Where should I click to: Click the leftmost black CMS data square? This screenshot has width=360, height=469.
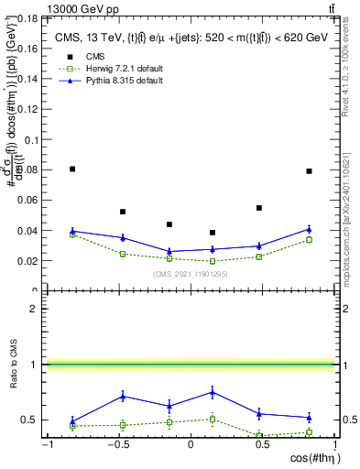point(72,169)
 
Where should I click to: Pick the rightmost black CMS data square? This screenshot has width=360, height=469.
point(310,170)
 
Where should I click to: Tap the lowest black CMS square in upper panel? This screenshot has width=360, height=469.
point(213,233)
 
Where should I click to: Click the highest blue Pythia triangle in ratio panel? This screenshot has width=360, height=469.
point(213,392)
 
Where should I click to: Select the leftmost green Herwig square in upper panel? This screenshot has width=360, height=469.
point(72,234)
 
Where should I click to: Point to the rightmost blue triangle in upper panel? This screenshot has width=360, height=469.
point(310,229)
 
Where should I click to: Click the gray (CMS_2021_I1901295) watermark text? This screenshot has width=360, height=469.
point(191,273)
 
